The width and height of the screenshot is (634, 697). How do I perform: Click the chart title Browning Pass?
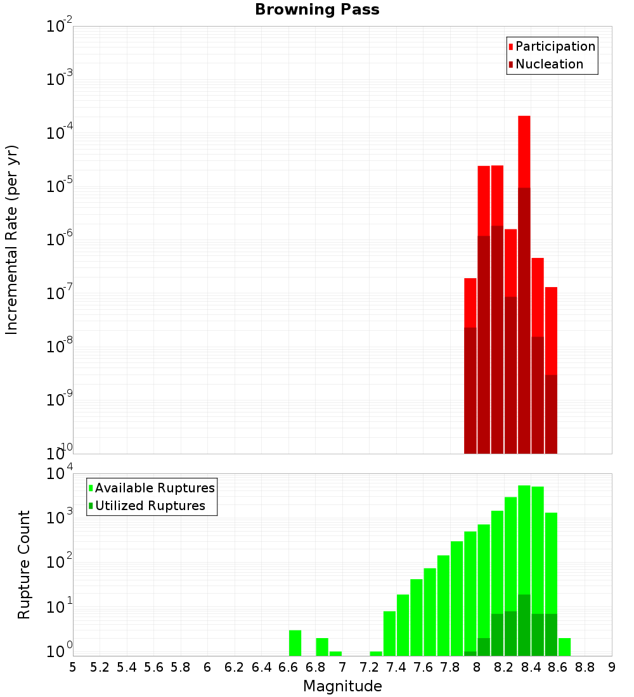[x=317, y=10]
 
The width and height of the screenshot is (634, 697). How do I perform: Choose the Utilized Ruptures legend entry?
[x=150, y=506]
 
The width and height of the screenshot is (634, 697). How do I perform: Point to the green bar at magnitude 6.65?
[x=295, y=643]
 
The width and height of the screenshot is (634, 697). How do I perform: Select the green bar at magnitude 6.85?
[x=322, y=646]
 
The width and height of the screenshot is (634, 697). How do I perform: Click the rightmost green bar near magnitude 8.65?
[x=564, y=646]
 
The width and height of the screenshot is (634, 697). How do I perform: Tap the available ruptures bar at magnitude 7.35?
[x=389, y=633]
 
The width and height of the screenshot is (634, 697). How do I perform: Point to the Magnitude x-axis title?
[x=342, y=686]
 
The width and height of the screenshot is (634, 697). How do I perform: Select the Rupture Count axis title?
[x=24, y=565]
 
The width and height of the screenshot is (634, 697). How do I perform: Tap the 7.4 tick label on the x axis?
[x=396, y=667]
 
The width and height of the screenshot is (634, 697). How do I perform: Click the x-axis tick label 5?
[x=73, y=667]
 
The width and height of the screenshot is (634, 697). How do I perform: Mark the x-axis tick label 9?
[x=612, y=667]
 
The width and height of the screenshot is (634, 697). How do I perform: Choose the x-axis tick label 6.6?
[x=288, y=667]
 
